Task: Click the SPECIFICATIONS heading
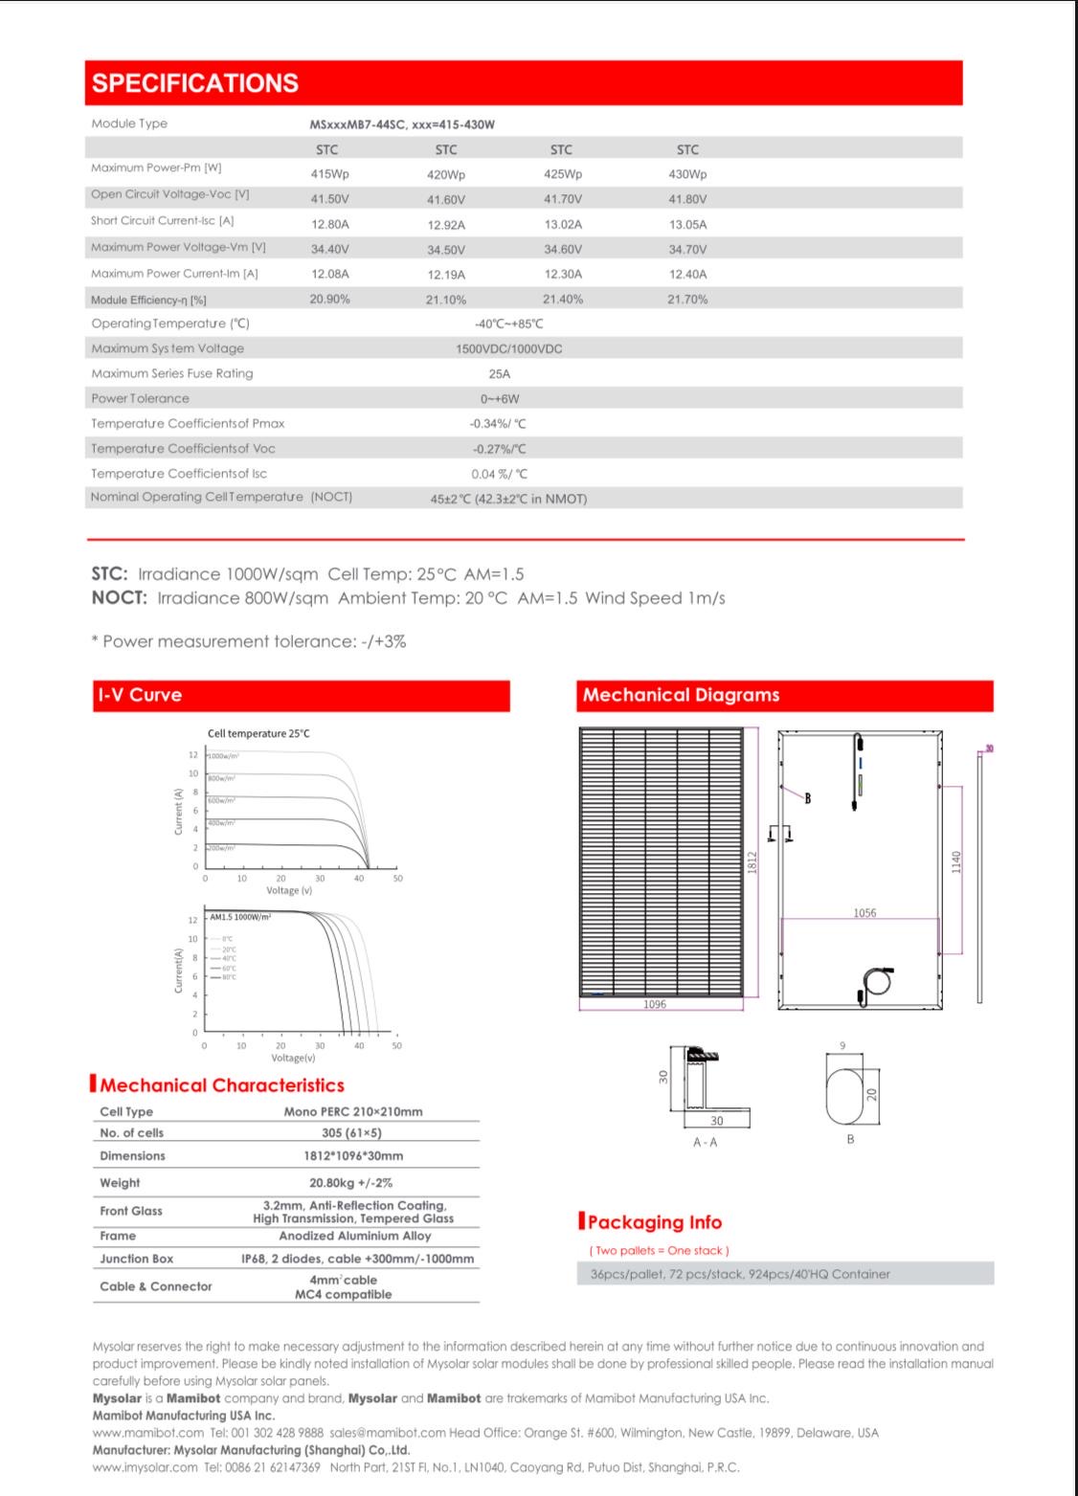195,83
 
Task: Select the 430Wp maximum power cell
686,174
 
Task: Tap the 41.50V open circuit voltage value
329,199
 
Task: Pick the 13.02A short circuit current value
563,224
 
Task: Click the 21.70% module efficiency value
686,300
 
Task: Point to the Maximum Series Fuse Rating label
172,373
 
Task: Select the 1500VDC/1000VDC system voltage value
508,348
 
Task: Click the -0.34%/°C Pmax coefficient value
498,423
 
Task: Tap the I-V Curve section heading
139,696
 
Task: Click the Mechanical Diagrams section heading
681,696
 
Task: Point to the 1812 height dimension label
752,861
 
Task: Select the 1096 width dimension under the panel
655,1004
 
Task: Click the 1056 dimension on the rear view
864,913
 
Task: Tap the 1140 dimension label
955,861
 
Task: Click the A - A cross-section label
705,1142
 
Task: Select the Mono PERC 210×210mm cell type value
352,1112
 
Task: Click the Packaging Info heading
655,1222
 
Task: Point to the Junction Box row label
136,1259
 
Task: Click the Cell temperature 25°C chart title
258,733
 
